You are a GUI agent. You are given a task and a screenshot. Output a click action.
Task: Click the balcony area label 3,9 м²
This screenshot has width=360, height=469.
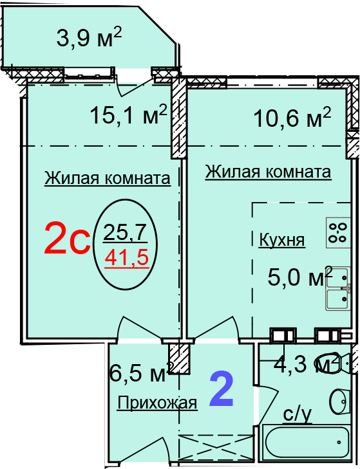coord(90,37)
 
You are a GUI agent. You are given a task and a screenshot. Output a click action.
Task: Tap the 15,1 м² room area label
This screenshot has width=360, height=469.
coord(128,115)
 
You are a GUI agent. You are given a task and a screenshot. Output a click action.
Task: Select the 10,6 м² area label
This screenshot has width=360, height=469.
coord(292,117)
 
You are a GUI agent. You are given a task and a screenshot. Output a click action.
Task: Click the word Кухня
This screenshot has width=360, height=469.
coord(282,240)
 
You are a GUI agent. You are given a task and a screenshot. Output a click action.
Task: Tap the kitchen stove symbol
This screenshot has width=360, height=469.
coord(338,232)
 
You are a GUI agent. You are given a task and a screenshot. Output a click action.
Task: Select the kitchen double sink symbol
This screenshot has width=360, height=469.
coord(338,288)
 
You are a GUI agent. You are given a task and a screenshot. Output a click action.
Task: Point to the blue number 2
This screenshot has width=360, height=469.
coord(222,389)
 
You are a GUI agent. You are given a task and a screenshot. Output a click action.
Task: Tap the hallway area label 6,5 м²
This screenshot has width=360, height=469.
coord(142,371)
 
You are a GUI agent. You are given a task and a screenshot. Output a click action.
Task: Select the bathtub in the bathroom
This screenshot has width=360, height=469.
coord(307,446)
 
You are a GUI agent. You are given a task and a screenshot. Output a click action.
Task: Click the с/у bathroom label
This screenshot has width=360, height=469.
coord(297,415)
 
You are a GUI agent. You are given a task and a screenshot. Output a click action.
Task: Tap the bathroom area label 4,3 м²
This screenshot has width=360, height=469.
coord(307,363)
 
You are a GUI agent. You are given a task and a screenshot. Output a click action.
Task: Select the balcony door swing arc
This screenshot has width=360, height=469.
coord(132,89)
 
